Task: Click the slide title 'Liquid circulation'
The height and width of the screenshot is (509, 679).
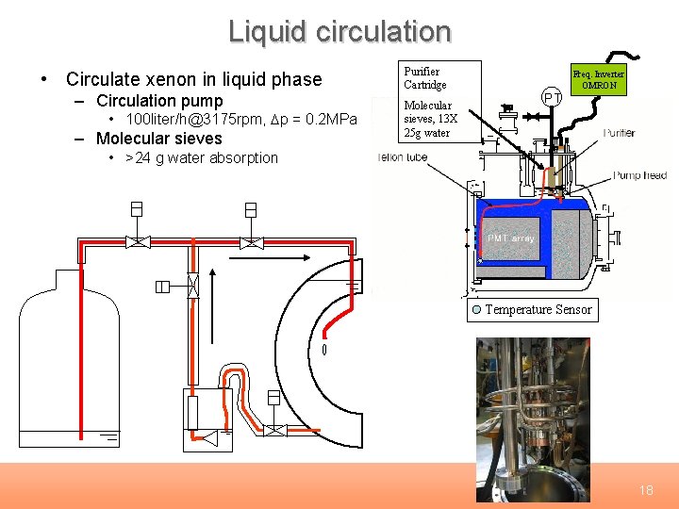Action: (x=339, y=32)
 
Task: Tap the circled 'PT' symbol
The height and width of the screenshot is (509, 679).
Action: (x=553, y=97)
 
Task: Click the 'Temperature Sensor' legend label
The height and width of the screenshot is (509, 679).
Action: (x=538, y=309)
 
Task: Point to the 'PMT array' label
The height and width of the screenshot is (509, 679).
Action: (x=511, y=238)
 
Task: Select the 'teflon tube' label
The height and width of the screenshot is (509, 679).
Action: (x=403, y=157)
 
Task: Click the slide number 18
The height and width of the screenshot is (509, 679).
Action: (x=646, y=490)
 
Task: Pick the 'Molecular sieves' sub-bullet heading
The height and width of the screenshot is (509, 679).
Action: (x=159, y=139)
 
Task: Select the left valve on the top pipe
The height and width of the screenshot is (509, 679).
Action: (x=138, y=242)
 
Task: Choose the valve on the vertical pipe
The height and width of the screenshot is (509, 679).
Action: (x=192, y=287)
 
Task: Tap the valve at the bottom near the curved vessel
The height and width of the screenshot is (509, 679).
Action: (x=273, y=430)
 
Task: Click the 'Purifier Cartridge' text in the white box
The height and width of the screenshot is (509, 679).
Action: (x=425, y=78)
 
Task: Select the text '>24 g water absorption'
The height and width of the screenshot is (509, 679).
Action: (x=201, y=157)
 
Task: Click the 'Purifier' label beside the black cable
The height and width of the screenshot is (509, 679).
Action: (x=619, y=133)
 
